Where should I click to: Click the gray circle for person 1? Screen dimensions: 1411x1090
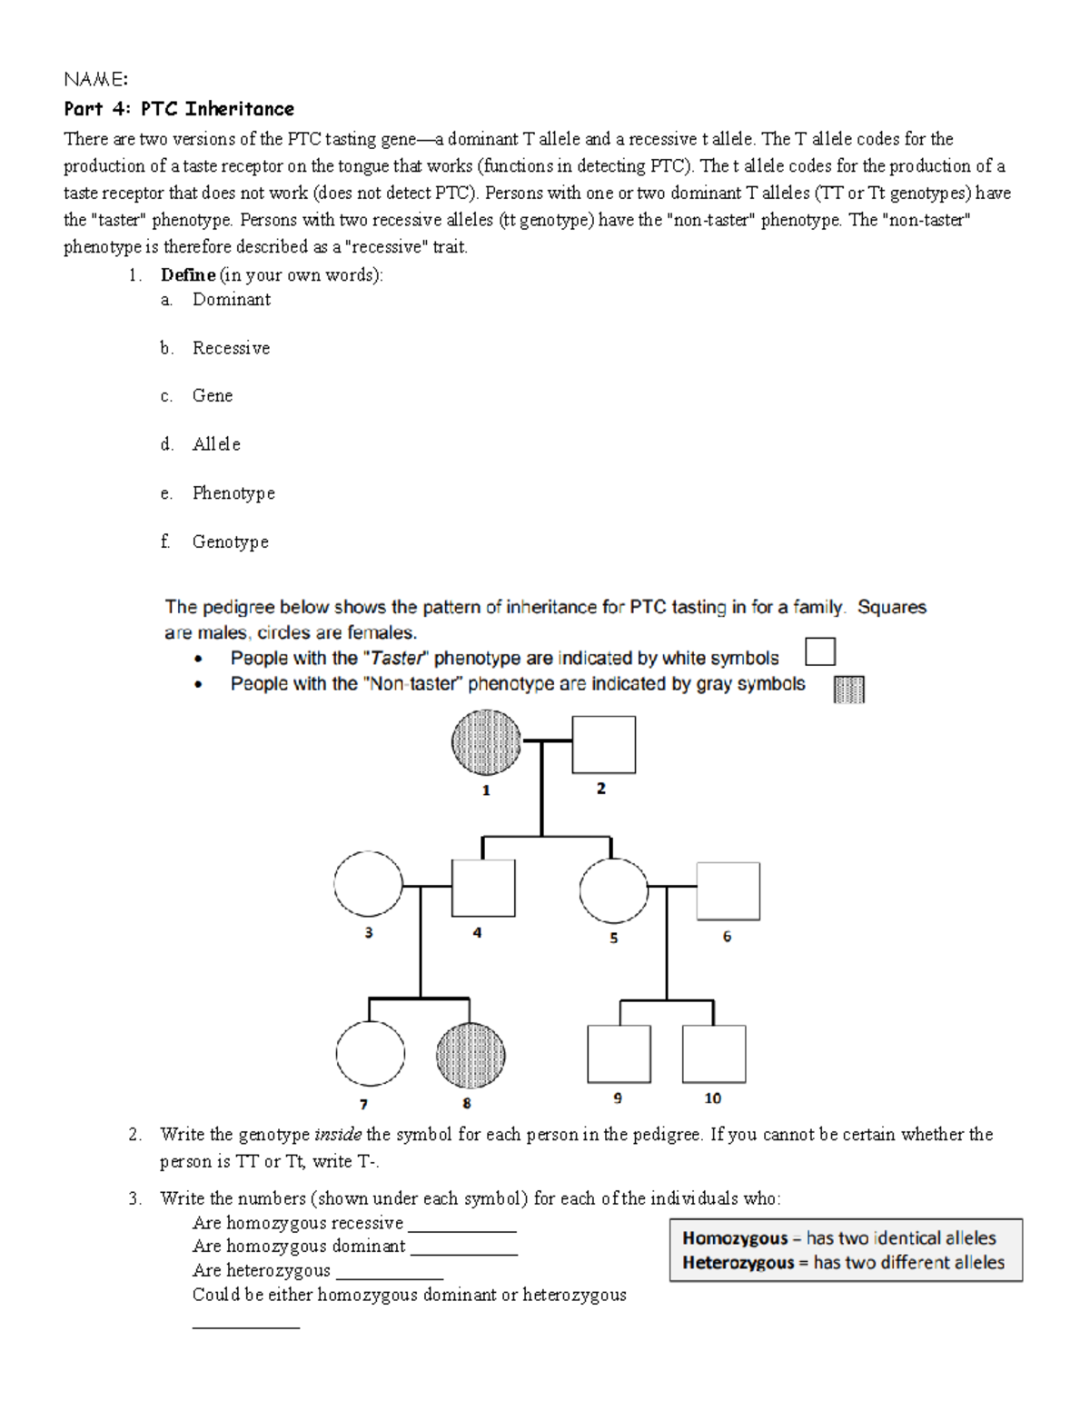pos(487,742)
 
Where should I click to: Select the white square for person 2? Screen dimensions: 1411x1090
pos(603,744)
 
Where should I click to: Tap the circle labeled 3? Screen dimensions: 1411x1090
pos(368,884)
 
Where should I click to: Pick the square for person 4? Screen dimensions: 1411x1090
pos(483,888)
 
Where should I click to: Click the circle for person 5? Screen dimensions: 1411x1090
pos(614,889)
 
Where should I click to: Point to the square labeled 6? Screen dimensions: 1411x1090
pos(728,891)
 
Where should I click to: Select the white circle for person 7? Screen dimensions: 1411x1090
pos(370,1053)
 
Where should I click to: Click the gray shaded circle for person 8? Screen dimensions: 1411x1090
pos(471,1055)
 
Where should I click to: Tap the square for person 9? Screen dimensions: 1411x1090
pos(619,1054)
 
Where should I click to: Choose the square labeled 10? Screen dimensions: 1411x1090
pos(714,1054)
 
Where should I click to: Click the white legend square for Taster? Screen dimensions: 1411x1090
pos(820,652)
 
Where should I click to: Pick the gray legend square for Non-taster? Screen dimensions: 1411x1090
pos(848,689)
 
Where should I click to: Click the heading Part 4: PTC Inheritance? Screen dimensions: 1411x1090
pos(179,109)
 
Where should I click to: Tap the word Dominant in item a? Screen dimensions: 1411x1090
pos(232,300)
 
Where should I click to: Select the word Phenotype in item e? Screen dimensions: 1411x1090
pos(233,493)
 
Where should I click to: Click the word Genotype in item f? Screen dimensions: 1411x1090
pos(231,542)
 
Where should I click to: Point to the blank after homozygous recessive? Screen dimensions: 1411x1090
pos(462,1228)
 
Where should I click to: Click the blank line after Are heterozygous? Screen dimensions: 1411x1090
pos(389,1276)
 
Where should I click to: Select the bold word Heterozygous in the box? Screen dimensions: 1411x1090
pos(738,1263)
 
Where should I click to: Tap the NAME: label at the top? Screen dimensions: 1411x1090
pos(95,80)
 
